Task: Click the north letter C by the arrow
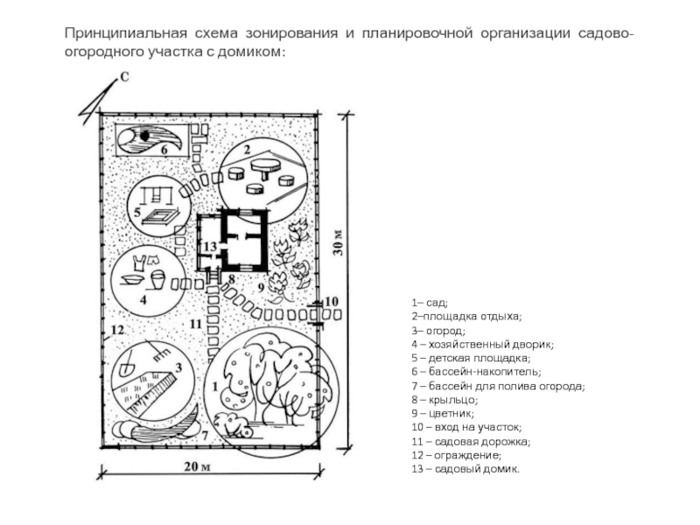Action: [x=125, y=78]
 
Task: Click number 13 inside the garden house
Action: [x=210, y=248]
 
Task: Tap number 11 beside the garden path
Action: [x=195, y=325]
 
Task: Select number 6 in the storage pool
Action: [x=163, y=150]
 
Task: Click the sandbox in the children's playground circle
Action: [x=162, y=216]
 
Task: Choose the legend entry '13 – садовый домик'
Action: [x=465, y=469]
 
